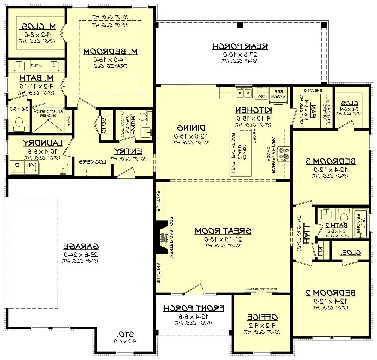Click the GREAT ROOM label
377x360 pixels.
tap(223, 231)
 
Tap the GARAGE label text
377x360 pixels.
tap(81, 247)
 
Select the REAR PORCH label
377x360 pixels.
tap(240, 46)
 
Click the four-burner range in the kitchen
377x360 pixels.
tap(283, 154)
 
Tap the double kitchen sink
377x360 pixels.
tap(244, 93)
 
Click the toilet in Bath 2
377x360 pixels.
tap(344, 217)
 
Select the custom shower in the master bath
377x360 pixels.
tap(48, 119)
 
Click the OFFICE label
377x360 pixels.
tap(262, 317)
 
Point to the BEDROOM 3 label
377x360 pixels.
tap(331, 161)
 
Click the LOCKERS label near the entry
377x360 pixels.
tap(93, 162)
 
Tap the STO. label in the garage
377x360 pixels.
tap(126, 334)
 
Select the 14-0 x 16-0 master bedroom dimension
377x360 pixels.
tap(110, 60)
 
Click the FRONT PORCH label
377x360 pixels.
tap(194, 308)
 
